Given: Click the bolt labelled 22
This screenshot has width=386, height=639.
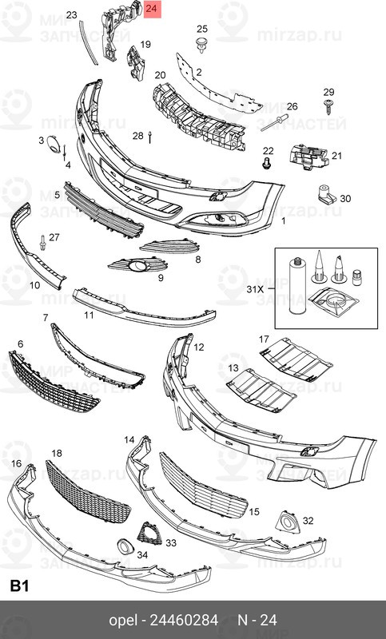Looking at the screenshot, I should pyautogui.click(x=268, y=164).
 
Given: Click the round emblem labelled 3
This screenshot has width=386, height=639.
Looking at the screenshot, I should pyautogui.click(x=54, y=144).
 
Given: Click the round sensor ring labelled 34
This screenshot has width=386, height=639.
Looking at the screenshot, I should pyautogui.click(x=125, y=547).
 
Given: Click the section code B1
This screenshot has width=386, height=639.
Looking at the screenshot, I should pyautogui.click(x=20, y=586).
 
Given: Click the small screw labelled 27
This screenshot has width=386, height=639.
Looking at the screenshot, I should pyautogui.click(x=42, y=242).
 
